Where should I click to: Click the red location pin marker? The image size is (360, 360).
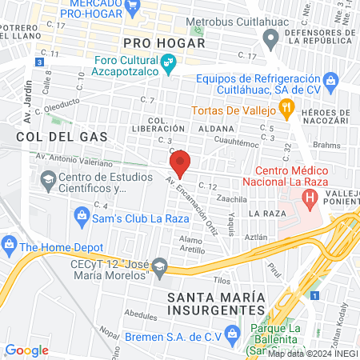[179, 162]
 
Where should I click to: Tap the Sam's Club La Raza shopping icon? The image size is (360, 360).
[81, 214]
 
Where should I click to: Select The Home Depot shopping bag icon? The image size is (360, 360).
[10, 243]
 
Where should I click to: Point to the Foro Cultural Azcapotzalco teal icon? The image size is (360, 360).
[169, 62]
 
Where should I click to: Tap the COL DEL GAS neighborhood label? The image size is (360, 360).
[50, 137]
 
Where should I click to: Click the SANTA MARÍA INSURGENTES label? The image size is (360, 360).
[216, 303]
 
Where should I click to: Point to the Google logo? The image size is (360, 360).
[26, 350]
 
